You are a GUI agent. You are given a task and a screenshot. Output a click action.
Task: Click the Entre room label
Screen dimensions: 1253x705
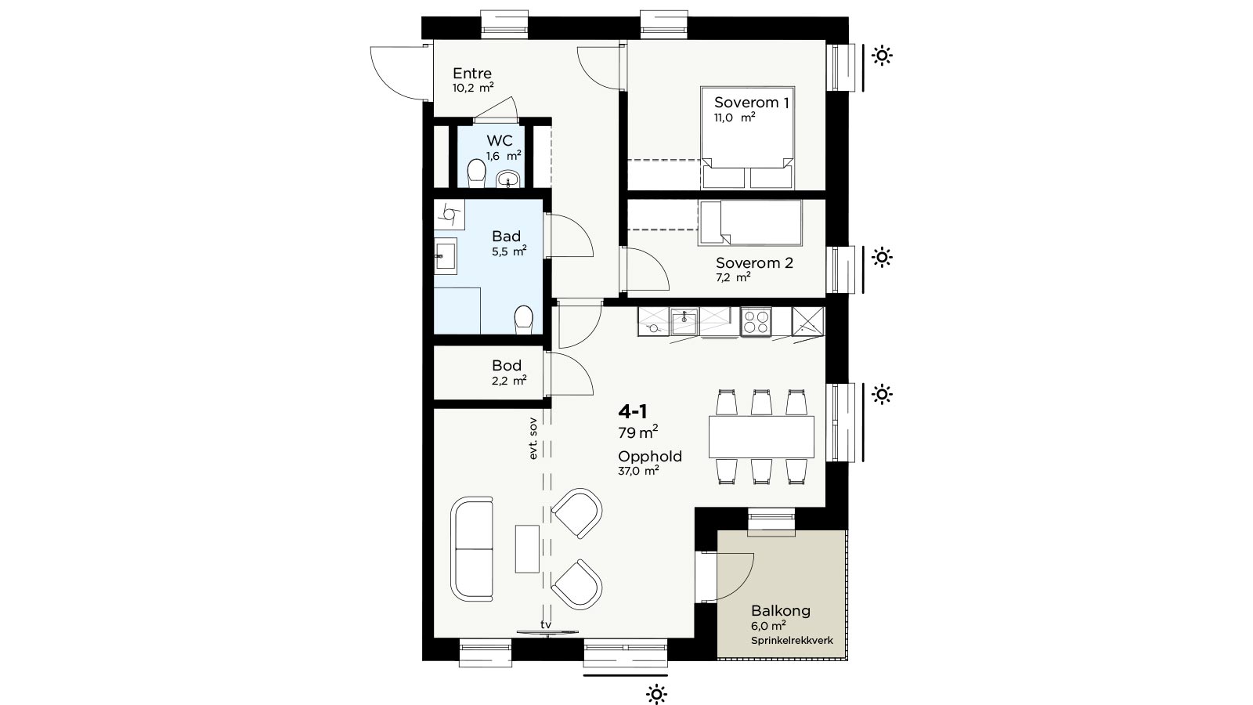pos(472,74)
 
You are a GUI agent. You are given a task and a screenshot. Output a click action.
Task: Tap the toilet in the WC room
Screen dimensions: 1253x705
pos(476,172)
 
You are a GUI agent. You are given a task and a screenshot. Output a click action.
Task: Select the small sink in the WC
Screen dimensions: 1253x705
pos(508,179)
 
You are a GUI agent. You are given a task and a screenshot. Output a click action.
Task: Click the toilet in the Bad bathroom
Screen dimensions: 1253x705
pos(524,320)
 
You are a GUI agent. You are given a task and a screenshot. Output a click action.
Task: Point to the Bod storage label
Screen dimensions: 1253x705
pos(507,366)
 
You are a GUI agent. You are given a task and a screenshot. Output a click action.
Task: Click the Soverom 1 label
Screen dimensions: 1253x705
pos(751,103)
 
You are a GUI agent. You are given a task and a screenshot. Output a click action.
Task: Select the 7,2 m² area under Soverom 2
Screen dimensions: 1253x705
pos(733,277)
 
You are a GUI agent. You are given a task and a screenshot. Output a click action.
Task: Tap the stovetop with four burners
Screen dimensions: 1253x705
pos(756,322)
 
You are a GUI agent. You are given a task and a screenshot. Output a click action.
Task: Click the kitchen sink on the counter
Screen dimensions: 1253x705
pos(684,321)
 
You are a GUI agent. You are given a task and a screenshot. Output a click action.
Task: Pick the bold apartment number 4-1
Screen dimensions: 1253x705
pos(633,412)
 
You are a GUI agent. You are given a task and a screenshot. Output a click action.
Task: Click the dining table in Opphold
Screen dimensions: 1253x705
pos(761,436)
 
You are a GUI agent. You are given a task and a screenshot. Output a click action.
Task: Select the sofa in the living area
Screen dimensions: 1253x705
pos(472,549)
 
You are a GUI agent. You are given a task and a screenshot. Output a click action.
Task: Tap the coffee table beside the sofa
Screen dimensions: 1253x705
pos(527,549)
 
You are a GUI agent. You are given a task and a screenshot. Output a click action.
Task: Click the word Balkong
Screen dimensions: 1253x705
pos(780,611)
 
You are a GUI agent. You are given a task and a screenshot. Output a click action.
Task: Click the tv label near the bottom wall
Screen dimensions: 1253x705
pos(546,624)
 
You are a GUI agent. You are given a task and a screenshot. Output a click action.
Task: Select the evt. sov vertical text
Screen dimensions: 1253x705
pos(533,439)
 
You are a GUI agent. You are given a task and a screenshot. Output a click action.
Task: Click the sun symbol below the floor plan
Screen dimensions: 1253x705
pos(657,694)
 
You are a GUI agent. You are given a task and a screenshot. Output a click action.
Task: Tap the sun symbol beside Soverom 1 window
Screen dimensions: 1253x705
pos(882,56)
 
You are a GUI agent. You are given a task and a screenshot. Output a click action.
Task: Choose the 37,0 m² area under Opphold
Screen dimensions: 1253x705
pos(638,471)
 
